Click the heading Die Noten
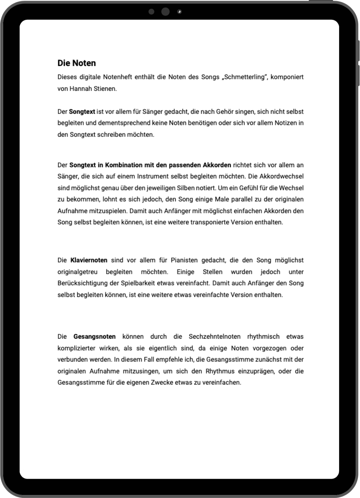(76, 63)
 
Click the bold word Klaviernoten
(89, 260)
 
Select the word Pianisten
(184, 260)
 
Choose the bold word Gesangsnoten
(94, 336)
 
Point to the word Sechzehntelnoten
(214, 336)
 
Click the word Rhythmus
(220, 371)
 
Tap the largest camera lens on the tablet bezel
(165, 12)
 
